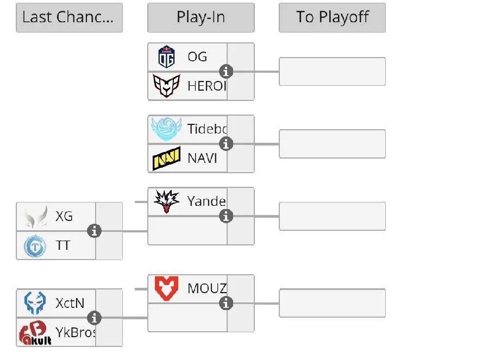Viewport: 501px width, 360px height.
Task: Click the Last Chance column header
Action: click(69, 17)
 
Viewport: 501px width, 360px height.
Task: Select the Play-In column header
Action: click(201, 17)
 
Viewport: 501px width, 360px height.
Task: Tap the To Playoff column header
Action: click(332, 17)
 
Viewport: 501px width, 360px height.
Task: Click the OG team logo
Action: click(166, 56)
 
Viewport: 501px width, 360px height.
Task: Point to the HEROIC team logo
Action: click(166, 86)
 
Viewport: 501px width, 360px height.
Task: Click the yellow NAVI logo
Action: click(166, 159)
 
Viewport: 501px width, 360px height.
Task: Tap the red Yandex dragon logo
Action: click(166, 201)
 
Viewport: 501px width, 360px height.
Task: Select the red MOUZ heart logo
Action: click(166, 288)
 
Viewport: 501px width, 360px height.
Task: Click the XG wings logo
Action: click(35, 217)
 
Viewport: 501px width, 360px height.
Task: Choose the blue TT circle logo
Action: click(35, 246)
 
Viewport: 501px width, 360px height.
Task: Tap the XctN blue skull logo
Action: click(35, 303)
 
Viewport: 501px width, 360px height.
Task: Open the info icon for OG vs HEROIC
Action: click(226, 71)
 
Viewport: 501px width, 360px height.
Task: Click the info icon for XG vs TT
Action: click(95, 231)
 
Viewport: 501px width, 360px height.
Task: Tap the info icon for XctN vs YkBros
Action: click(95, 318)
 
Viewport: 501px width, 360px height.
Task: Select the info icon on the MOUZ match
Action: click(226, 303)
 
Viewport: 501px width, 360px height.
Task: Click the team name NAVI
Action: click(202, 159)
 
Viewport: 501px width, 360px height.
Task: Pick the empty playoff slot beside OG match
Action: click(332, 71)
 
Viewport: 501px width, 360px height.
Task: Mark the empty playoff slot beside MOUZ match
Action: click(332, 303)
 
